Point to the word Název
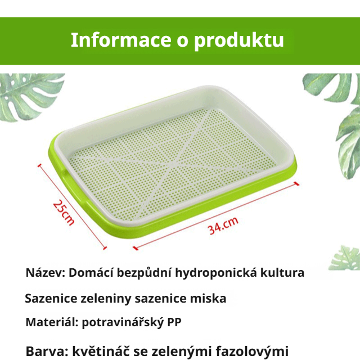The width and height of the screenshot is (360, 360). click(45, 273)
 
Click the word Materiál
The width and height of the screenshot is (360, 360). click(51, 323)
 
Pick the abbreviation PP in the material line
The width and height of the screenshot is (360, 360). click(174, 323)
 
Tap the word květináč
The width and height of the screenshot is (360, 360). click(100, 352)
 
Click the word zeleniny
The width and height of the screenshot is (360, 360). click(109, 299)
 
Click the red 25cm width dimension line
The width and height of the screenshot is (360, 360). click(71, 205)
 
